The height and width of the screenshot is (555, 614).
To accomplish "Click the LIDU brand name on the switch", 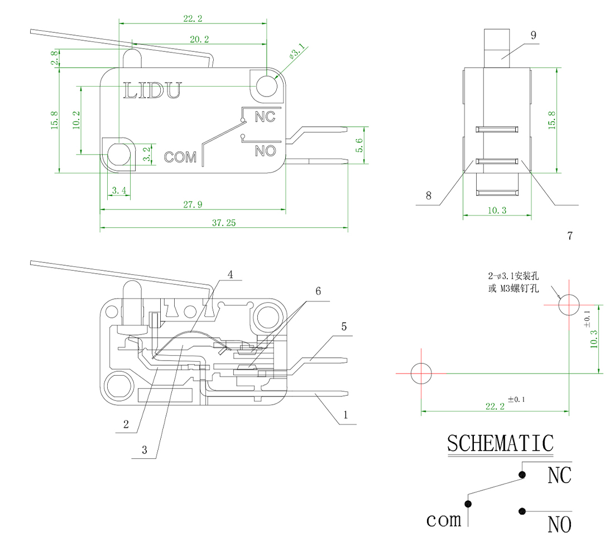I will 152,90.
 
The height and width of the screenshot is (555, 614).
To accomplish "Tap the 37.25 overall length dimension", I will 224,223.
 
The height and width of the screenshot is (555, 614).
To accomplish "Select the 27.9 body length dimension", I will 193,205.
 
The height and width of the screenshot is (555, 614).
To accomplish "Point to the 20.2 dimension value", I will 199,40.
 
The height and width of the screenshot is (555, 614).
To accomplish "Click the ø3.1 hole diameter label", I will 296,54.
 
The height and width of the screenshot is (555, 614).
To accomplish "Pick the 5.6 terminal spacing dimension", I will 359,145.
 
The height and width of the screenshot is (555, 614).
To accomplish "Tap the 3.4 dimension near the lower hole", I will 119,191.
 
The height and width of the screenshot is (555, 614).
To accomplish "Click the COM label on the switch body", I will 180,157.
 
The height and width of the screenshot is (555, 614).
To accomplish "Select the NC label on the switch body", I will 265,117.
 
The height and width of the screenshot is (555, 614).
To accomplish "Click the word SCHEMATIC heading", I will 500,443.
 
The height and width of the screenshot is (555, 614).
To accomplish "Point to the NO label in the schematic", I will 559,525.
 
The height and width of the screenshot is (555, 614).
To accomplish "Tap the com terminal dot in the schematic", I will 468,504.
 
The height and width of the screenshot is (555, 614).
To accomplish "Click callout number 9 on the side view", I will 533,35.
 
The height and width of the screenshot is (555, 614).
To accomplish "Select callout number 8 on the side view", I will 429,196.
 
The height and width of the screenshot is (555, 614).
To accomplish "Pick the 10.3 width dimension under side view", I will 496,210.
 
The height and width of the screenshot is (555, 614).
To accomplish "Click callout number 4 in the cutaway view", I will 230,274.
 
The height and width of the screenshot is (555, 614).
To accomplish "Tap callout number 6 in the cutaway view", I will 318,291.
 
